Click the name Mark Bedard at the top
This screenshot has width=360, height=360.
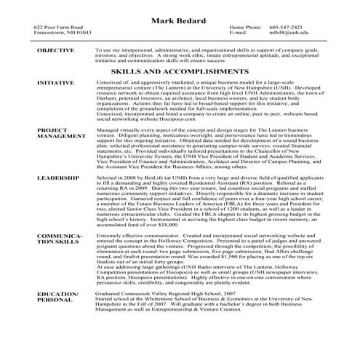[x=180, y=19]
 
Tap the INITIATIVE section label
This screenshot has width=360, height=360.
[x=55, y=84]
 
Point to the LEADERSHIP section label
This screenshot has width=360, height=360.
[x=57, y=177]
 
